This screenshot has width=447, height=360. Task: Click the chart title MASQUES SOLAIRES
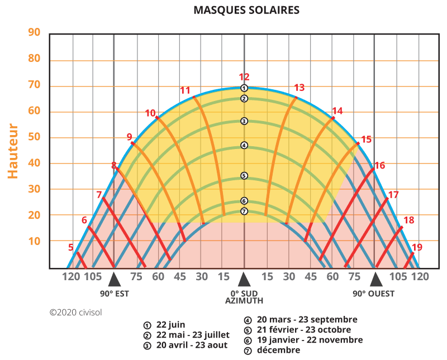pyautogui.click(x=246, y=11)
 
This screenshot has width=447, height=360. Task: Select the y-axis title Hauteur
pyautogui.click(x=13, y=151)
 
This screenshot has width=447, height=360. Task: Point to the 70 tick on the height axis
pyautogui.click(x=35, y=85)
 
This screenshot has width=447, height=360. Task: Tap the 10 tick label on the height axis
pyautogui.click(x=35, y=241)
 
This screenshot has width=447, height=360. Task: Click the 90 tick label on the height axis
pyautogui.click(x=35, y=32)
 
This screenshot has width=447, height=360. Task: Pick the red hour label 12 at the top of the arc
pyautogui.click(x=244, y=78)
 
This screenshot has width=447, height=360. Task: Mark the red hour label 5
pyautogui.click(x=71, y=247)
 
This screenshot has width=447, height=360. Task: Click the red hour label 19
pyautogui.click(x=417, y=247)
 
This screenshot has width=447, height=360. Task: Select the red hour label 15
pyautogui.click(x=366, y=140)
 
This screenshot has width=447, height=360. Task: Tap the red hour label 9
pyautogui.click(x=129, y=136)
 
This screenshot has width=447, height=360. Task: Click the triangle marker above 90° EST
pyautogui.click(x=114, y=279)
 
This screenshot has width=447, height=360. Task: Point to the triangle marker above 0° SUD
pyautogui.click(x=244, y=279)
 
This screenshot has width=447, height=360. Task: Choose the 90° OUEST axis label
pyautogui.click(x=373, y=294)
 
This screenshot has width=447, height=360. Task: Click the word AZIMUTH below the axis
pyautogui.click(x=244, y=301)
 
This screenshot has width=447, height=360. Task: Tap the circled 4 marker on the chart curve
pyautogui.click(x=244, y=146)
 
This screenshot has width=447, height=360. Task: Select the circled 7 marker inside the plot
pyautogui.click(x=244, y=211)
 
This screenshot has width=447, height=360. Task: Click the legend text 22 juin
pyautogui.click(x=171, y=325)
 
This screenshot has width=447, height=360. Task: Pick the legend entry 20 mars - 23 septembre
pyautogui.click(x=307, y=320)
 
